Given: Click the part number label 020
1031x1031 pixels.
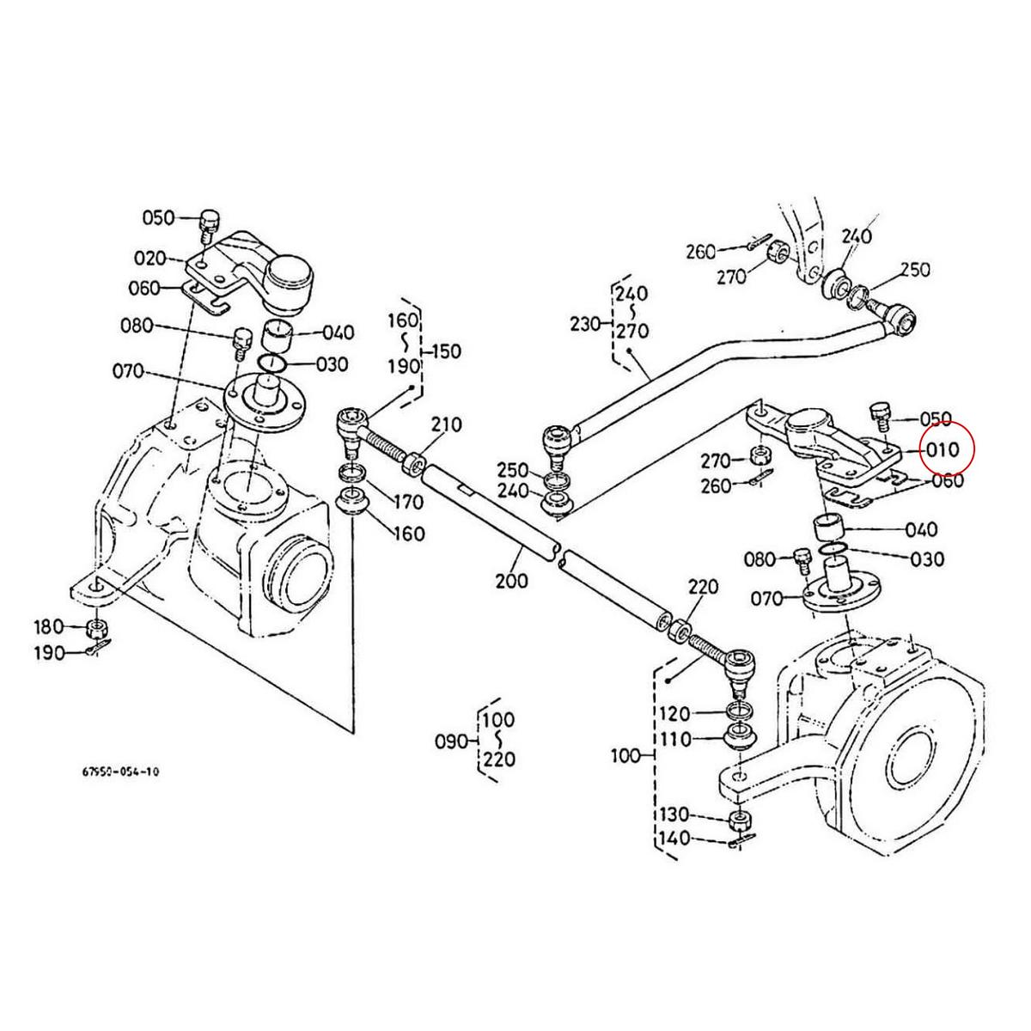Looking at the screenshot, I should click(x=150, y=257).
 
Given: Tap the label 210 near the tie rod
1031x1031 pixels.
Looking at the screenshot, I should click(x=446, y=424).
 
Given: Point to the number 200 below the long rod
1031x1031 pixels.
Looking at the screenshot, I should click(x=512, y=580).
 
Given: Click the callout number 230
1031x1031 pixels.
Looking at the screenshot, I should click(x=587, y=324).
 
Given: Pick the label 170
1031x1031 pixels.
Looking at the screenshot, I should click(x=408, y=501).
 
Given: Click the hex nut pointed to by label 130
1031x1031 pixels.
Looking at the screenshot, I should click(x=737, y=819).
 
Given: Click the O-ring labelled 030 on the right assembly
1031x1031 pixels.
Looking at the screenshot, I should click(x=831, y=550).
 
